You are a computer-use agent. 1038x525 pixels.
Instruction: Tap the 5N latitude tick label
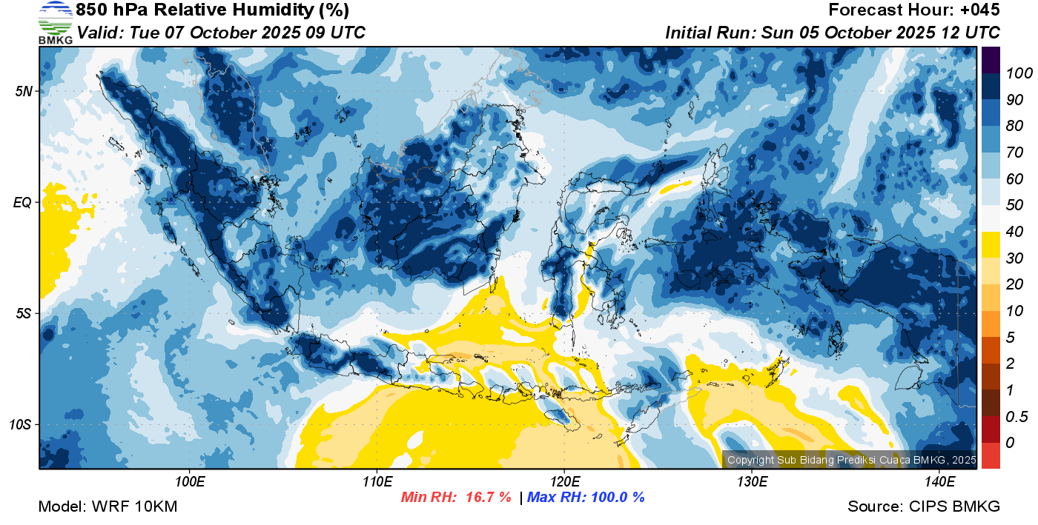tap(24, 91)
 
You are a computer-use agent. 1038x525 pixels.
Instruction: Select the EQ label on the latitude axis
tap(23, 202)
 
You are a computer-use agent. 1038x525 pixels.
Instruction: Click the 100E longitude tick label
tap(190, 481)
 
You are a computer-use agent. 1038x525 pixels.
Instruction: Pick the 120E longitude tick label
tap(565, 481)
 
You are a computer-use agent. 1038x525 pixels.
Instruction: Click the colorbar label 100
tap(1019, 73)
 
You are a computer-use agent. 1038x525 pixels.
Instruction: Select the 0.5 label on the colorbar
tap(1016, 417)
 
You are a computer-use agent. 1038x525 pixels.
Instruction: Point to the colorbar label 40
tap(1014, 232)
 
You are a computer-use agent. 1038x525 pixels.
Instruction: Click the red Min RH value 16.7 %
tap(489, 497)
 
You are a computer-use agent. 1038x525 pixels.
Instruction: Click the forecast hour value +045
tap(979, 10)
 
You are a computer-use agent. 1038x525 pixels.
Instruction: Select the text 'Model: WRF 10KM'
tap(108, 506)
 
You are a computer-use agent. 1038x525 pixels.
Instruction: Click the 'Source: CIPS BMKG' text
tap(924, 506)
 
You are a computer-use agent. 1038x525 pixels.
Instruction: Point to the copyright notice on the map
tap(851, 460)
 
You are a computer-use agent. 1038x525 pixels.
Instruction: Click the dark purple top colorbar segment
tap(991, 60)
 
